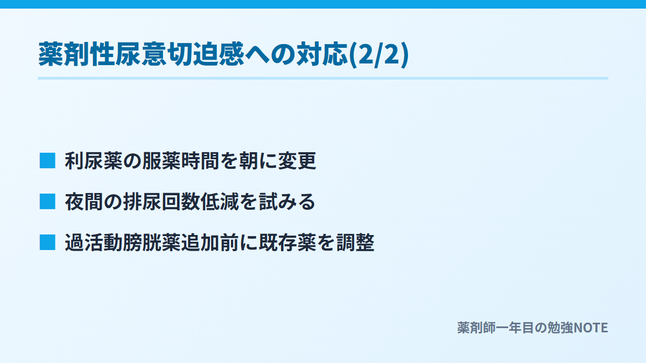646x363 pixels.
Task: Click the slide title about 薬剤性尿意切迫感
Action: (223, 54)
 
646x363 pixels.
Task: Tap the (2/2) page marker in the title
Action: (378, 55)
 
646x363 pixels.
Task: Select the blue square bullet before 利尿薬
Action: (47, 160)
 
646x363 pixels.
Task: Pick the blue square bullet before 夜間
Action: (47, 201)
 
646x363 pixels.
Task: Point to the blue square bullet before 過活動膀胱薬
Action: (47, 243)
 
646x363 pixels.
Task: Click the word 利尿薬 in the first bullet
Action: (94, 161)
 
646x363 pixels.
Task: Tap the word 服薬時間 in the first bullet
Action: (180, 161)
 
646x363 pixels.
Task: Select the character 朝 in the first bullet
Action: (249, 161)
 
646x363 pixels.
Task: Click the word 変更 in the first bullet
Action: (297, 161)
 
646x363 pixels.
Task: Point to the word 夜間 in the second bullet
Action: (84, 202)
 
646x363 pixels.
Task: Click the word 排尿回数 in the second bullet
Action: (161, 202)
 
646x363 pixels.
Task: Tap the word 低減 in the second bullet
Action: (220, 202)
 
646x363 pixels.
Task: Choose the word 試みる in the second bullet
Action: (287, 202)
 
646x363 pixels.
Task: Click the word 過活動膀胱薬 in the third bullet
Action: (123, 243)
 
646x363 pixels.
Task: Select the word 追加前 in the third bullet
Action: (210, 243)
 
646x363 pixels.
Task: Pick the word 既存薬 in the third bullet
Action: (287, 243)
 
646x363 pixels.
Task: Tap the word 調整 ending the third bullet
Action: (355, 243)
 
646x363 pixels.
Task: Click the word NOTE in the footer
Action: (591, 328)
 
